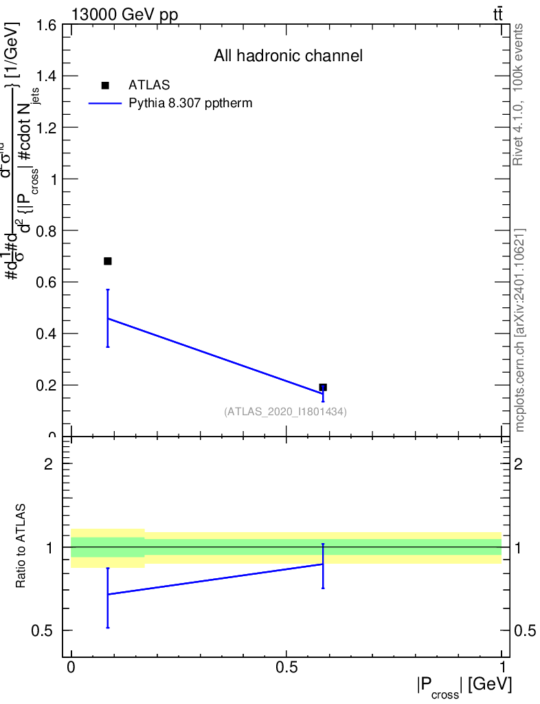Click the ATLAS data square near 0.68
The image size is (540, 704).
coord(107,261)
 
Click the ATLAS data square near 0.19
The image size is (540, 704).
coord(323,388)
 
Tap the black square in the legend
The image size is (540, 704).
coord(105,85)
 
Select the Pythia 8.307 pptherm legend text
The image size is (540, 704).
coord(190,104)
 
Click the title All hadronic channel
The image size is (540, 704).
coord(287,56)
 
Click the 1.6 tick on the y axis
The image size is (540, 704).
coord(41,25)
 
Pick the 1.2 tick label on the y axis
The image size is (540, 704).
coord(41,128)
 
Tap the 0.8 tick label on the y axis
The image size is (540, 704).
coord(41,231)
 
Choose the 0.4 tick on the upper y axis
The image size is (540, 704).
coord(41,334)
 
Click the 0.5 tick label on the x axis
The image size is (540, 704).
coord(286,668)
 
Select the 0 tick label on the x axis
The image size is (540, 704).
coord(71,668)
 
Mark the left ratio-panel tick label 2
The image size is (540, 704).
coord(48,464)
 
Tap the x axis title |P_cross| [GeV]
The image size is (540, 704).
coord(464,687)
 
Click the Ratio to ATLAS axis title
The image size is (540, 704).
coord(21,547)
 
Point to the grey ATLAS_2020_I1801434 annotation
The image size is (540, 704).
coord(285,412)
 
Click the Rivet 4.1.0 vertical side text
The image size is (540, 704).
coord(518,94)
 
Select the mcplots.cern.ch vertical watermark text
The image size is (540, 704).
coord(520,330)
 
